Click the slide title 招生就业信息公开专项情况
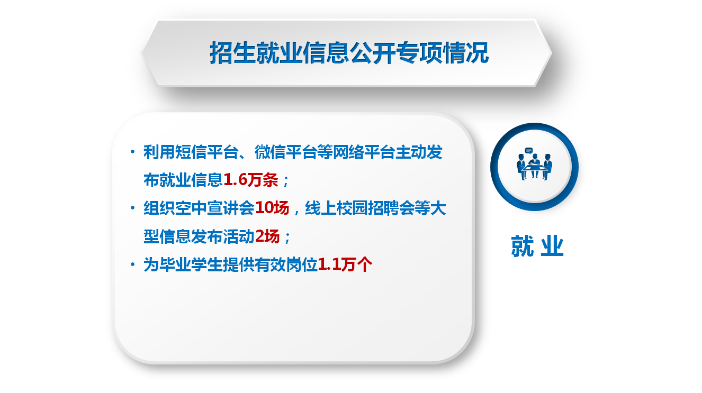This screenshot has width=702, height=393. pos(349,52)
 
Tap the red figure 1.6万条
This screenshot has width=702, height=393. pos(251,180)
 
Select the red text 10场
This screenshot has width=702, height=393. pos(272,208)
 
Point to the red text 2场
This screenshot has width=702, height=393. pos(267,236)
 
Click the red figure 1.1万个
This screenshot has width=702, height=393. pos(345,264)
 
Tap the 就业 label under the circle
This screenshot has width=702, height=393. pos(537,246)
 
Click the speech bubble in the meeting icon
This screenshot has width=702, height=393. pos(529,151)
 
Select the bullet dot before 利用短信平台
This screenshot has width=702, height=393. pos(132,152)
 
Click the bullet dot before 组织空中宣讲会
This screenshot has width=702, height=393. pos(132,208)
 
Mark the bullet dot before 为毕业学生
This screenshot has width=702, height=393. pos(132,264)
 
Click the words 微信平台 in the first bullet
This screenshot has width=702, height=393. pos(285,152)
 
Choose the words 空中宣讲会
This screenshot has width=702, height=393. pos(214,208)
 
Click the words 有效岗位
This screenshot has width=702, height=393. pos(286,264)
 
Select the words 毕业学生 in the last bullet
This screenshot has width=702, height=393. pos(191,264)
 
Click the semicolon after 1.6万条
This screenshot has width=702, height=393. pos(285,181)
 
